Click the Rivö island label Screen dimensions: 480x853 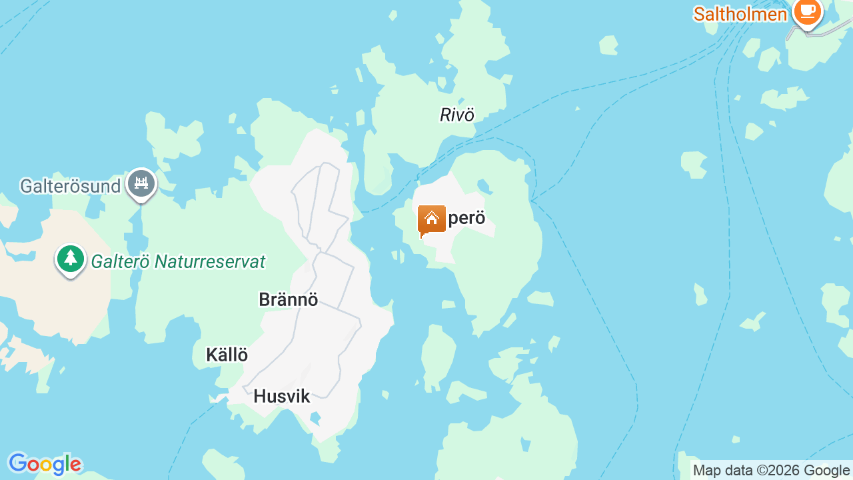click(x=457, y=115)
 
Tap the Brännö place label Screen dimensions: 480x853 click(x=288, y=300)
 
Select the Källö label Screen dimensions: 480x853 click(x=227, y=355)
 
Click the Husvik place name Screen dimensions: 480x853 click(x=281, y=397)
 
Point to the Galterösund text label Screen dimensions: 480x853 click(x=70, y=186)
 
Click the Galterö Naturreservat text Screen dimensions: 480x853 click(x=178, y=262)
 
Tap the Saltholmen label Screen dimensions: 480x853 click(x=740, y=14)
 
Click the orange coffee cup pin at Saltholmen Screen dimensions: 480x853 click(x=808, y=12)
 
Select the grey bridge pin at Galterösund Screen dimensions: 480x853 click(x=141, y=183)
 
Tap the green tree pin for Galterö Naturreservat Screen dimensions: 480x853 click(x=70, y=259)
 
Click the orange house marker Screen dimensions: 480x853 click(x=432, y=220)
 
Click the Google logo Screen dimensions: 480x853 click(x=44, y=464)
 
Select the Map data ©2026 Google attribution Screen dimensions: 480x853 click(x=771, y=471)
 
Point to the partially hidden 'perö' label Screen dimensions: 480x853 click(x=467, y=219)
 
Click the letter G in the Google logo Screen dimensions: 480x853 click(x=17, y=463)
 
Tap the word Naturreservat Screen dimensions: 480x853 click(x=210, y=262)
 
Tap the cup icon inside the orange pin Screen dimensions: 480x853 click(x=808, y=11)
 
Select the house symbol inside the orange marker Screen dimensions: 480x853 click(x=432, y=217)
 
